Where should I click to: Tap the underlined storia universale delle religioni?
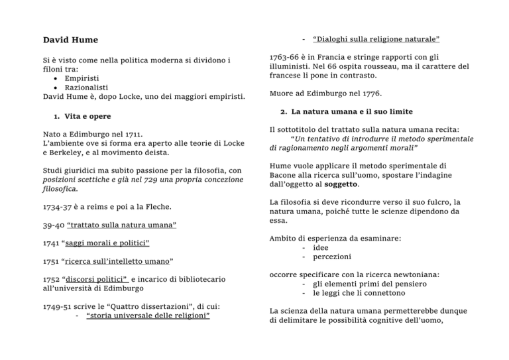pos(148,315)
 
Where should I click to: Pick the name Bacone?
pos(286,175)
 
